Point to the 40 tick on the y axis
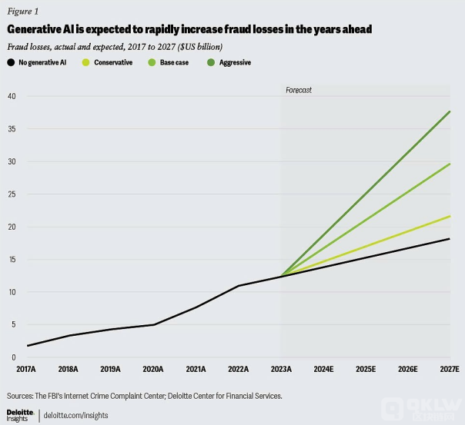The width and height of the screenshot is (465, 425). point(11,96)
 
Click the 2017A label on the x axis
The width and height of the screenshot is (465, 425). point(28,370)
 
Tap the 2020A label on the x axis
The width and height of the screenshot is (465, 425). point(155,370)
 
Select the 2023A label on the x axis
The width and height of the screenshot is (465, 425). point(281,370)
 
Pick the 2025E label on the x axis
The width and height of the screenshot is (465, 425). point(365,370)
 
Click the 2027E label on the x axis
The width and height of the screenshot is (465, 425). point(449,370)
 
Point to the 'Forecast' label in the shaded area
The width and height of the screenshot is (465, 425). point(298,90)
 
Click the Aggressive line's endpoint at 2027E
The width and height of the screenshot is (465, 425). point(450,111)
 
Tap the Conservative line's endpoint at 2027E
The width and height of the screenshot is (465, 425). point(450,216)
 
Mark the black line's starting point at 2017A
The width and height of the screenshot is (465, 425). point(28,346)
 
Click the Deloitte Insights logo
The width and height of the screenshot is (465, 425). point(19,415)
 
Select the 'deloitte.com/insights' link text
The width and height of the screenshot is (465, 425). point(76,415)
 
